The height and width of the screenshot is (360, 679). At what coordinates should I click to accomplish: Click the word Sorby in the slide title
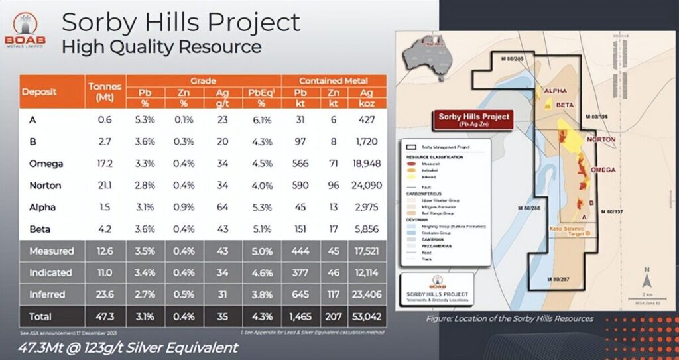pyautogui.click(x=93, y=23)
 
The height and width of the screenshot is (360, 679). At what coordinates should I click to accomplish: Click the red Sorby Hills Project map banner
pyautogui.click(x=473, y=120)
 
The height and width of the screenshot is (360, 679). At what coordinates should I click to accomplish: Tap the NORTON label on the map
pyautogui.click(x=601, y=139)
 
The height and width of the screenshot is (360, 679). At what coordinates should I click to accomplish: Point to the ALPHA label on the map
pyautogui.click(x=555, y=91)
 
